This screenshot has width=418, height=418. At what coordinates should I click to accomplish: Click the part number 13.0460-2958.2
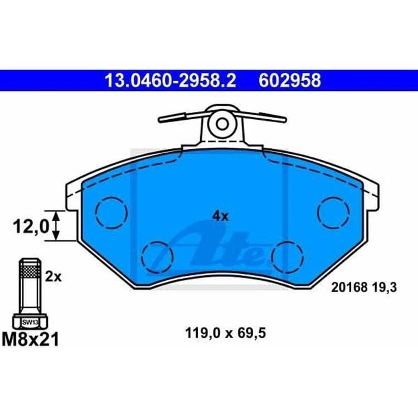coord(171,80)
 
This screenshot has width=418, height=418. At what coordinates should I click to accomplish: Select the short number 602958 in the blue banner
coord(289,80)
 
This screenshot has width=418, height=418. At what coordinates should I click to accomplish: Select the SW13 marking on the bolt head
coord(29,322)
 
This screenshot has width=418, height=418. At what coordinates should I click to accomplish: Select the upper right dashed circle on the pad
coord(333,212)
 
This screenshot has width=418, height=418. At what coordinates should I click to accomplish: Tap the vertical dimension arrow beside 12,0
coord(55,226)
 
